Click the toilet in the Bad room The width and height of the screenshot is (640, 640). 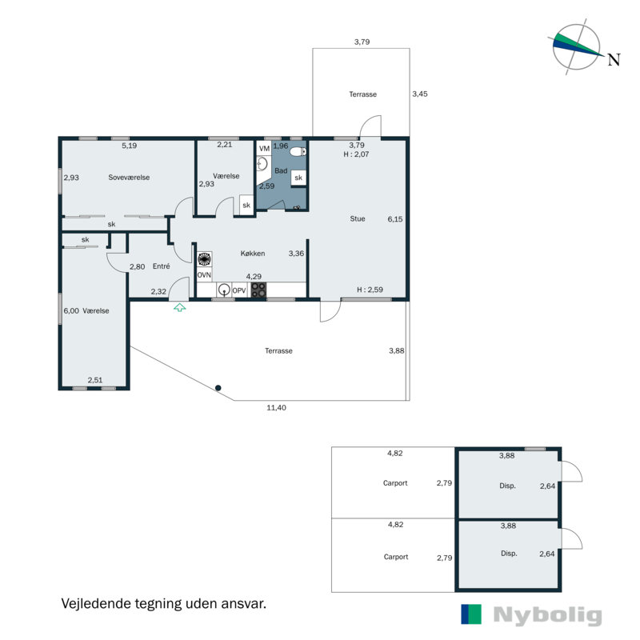298,152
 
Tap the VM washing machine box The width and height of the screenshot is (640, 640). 265,148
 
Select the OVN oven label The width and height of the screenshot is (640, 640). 204,275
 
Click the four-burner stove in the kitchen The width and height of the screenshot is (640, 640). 258,290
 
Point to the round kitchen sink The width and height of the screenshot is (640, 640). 224,290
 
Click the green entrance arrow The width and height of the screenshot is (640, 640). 179,307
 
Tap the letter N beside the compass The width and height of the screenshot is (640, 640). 614,60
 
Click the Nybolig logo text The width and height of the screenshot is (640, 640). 547,614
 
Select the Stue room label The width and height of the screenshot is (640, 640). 358,218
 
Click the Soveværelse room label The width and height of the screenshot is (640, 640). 129,177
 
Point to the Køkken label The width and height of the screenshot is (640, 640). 253,254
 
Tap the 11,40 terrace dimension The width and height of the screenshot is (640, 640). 276,407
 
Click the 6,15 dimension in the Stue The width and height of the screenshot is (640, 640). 395,219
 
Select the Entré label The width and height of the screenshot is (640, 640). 162,266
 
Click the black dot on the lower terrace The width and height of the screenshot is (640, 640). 218,388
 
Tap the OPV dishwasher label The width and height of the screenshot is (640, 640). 239,290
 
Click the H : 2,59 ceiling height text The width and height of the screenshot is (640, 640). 370,290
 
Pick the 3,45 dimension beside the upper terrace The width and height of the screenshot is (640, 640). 420,94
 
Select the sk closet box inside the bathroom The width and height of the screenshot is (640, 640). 298,178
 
